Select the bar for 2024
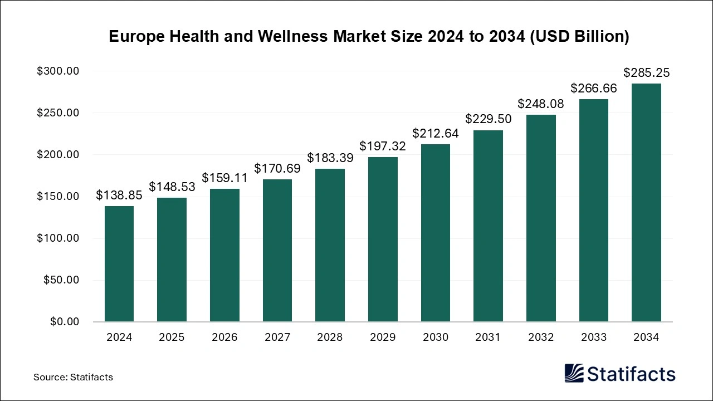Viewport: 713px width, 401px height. tap(119, 263)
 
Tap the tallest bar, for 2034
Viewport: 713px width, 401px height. tap(646, 202)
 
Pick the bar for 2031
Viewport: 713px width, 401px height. tap(488, 226)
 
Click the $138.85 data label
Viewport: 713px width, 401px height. tap(119, 195)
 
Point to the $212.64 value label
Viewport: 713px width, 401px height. tap(436, 133)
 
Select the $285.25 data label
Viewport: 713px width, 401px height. tap(646, 72)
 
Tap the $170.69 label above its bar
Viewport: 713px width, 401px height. tap(277, 168)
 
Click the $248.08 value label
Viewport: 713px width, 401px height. tap(541, 104)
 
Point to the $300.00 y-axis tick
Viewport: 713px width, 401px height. tap(58, 71)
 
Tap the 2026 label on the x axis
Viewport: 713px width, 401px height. tap(224, 337)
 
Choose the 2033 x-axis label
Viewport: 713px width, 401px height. tap(593, 337)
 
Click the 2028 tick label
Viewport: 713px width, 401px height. tap(330, 337)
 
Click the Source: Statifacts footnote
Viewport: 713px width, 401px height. tap(73, 377)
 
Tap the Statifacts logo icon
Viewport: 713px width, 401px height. tap(574, 373)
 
